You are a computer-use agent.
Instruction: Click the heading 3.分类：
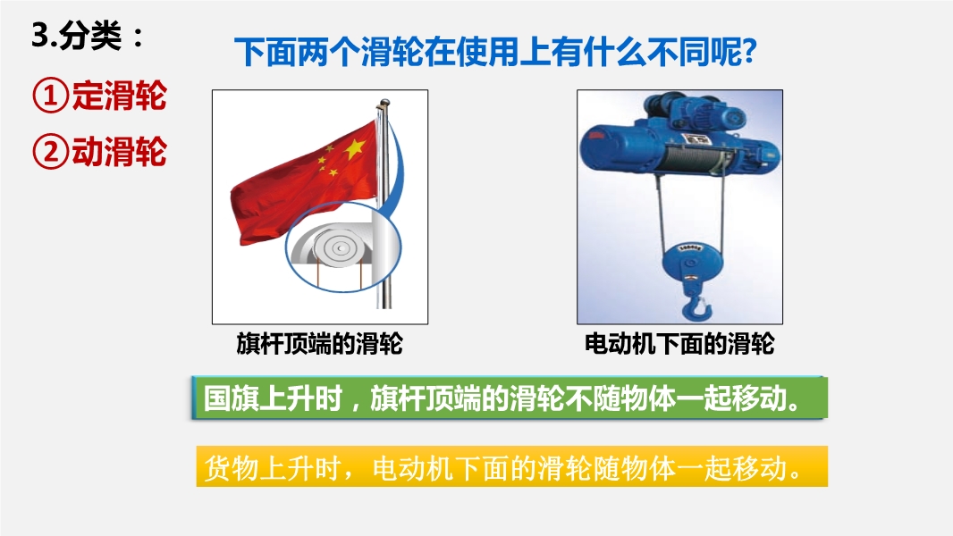coord(89,36)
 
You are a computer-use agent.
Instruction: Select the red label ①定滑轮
coord(99,96)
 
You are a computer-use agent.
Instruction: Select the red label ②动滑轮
coord(99,151)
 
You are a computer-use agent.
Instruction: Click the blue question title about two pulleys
coord(495,52)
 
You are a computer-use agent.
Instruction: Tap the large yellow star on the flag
coord(354,147)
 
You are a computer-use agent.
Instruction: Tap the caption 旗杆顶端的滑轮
coord(320,344)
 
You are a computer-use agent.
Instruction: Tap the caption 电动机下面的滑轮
coord(679,344)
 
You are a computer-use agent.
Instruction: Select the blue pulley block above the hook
coord(690,263)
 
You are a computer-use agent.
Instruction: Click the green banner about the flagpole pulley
coord(510,398)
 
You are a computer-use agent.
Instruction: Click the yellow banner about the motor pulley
coord(511,467)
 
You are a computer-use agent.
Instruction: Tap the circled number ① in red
coord(50,96)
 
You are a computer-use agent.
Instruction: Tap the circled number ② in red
coord(50,152)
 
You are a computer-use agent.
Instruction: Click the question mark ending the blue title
coord(749,52)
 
